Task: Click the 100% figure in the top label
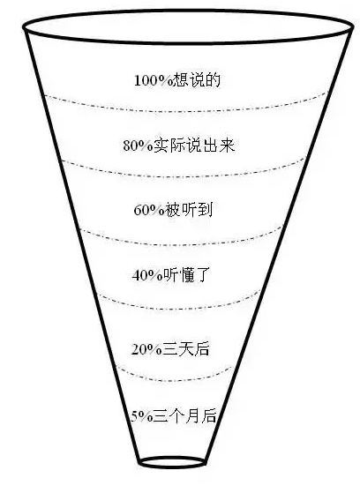coord(154,80)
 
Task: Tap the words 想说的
coord(197,80)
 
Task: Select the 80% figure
coord(138,146)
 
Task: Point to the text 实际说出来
coord(194,146)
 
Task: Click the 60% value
coord(148,210)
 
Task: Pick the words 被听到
coord(188,210)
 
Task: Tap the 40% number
coord(146,275)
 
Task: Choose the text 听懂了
coord(185,275)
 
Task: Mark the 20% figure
coord(146,349)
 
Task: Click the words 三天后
coord(185,349)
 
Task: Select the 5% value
coord(141,417)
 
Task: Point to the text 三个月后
coord(184,416)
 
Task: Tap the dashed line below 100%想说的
coord(187,111)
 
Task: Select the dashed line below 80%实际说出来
coord(184,176)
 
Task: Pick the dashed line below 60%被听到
coord(181,244)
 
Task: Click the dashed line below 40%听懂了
coord(178,309)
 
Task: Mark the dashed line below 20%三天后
coord(174,381)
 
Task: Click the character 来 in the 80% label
coord(227,146)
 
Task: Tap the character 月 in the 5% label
coord(192,416)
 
